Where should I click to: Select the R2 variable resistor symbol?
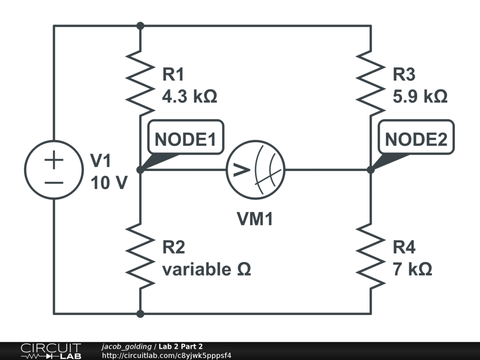click(140, 255)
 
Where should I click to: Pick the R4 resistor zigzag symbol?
click(371, 255)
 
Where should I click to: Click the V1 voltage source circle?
click(54, 169)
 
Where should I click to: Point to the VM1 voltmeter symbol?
click(255, 170)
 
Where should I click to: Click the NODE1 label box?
click(186, 139)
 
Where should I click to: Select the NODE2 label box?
click(416, 139)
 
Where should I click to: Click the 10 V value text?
click(108, 183)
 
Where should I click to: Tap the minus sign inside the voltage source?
click(54, 182)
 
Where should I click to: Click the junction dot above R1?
click(140, 25)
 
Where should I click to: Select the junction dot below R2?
click(140, 313)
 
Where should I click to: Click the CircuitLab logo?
click(51, 351)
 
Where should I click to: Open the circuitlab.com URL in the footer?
click(166, 355)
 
